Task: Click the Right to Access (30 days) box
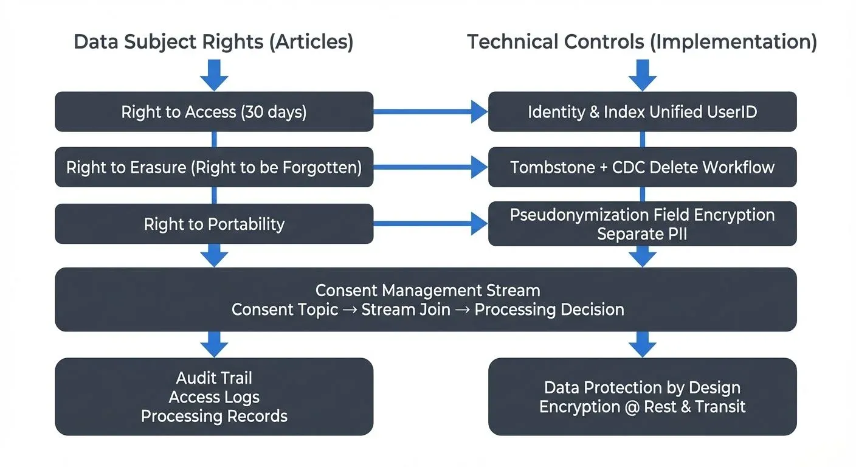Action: click(214, 112)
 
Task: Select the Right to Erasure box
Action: click(214, 167)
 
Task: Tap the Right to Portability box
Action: click(214, 224)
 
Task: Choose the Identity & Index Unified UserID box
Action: click(642, 112)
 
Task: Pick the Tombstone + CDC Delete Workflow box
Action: click(642, 167)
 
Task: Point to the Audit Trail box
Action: click(214, 396)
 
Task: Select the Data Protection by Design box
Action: click(642, 396)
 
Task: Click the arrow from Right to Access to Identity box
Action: click(430, 112)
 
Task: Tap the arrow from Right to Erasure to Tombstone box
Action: click(430, 167)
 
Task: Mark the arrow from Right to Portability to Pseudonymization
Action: click(430, 224)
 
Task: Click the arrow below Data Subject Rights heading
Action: click(214, 74)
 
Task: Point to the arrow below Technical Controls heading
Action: click(642, 74)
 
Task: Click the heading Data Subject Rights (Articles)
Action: click(213, 42)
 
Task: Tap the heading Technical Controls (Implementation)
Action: click(642, 42)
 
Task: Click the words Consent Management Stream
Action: click(427, 290)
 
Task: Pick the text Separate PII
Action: click(642, 233)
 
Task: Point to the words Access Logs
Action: click(214, 397)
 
